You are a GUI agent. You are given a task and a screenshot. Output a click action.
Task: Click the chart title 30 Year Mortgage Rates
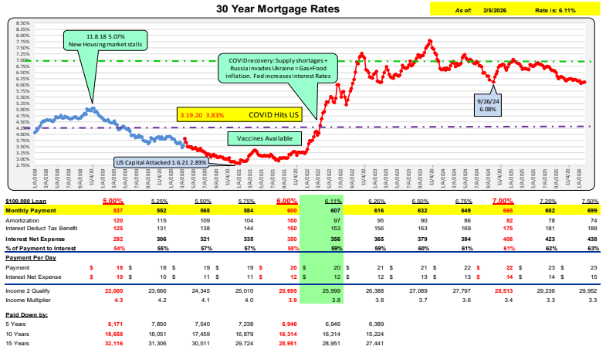click(x=304, y=9)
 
